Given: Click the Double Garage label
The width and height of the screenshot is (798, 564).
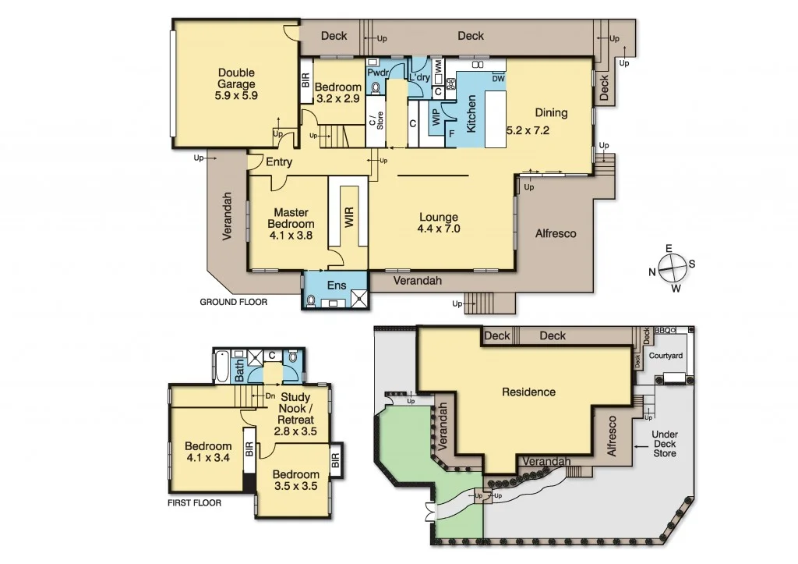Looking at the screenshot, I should (236, 84).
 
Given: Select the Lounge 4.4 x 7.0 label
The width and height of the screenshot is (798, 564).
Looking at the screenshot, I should (439, 223).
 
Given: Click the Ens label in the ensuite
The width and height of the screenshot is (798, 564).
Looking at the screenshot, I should (336, 286).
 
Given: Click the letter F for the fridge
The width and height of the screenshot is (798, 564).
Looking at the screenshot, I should (451, 133).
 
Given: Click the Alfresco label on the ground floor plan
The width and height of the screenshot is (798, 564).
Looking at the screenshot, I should (556, 233).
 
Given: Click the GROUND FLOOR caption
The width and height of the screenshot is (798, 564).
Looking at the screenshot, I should (234, 302).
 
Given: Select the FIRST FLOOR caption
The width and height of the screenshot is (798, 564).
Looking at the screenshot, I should (194, 503).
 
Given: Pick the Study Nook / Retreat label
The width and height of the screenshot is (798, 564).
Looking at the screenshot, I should (296, 414).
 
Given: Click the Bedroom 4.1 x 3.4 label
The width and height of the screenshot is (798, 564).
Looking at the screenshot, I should (208, 452).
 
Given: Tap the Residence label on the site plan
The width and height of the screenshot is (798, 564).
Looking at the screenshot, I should (528, 392).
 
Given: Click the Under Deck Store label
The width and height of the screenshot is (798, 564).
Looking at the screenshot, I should (665, 445).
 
